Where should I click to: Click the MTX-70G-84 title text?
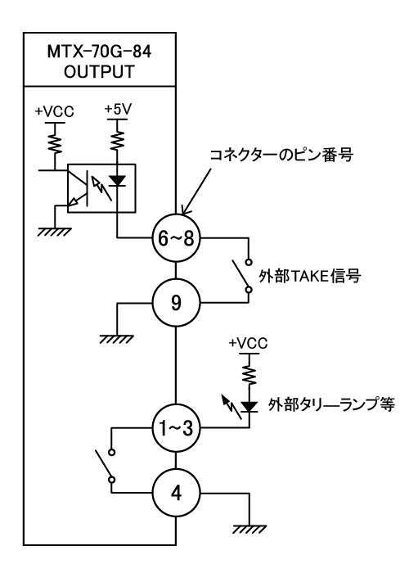pyautogui.click(x=99, y=52)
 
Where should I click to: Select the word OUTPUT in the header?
pyautogui.click(x=99, y=72)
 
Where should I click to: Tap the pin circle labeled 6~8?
pyautogui.click(x=177, y=238)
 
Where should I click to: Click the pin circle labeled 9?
pyautogui.click(x=177, y=303)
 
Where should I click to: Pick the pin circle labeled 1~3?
pyautogui.click(x=177, y=428)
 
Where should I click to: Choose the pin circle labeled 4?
pyautogui.click(x=177, y=494)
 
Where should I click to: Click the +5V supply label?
pyautogui.click(x=118, y=109)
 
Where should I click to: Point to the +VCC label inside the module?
pyautogui.click(x=55, y=111)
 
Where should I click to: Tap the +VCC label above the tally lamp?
pyautogui.click(x=249, y=343)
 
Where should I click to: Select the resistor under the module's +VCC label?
pyautogui.click(x=55, y=143)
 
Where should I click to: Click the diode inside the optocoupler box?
pyautogui.click(x=118, y=181)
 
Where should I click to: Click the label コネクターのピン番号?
pyautogui.click(x=281, y=156)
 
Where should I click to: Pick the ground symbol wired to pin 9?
pyautogui.click(x=116, y=339)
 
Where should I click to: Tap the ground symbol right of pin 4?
pyautogui.click(x=249, y=530)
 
